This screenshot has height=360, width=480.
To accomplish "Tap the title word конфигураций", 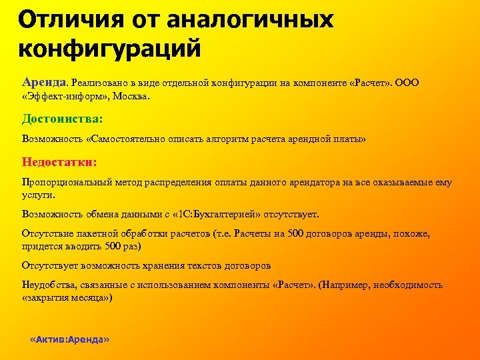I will coord(109,49).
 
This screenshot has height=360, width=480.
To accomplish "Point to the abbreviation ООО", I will coord(408,83).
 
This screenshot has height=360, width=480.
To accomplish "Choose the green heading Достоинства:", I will coord(62,119).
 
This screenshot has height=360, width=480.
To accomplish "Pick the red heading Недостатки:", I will coord(59,161).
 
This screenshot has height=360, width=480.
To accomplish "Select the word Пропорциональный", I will coord(65,183).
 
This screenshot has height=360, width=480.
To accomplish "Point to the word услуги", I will coord(37,195).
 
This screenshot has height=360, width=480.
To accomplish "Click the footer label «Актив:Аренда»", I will coord(70,339).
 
